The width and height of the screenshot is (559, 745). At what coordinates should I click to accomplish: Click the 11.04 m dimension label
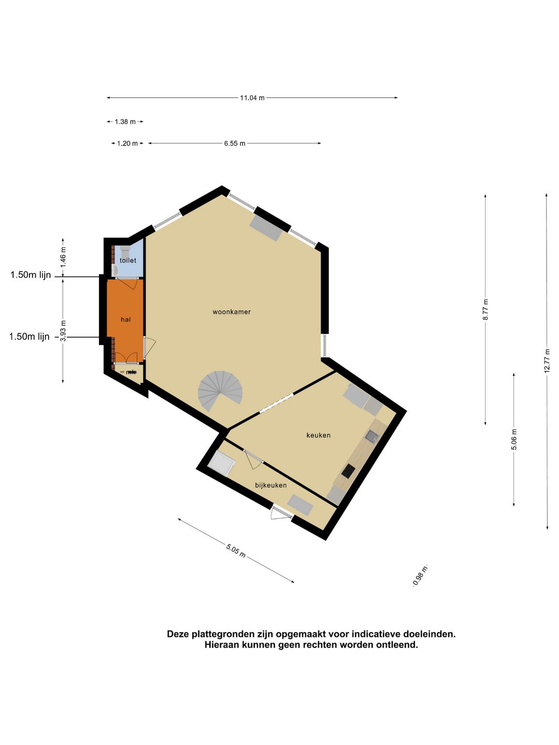click(252, 98)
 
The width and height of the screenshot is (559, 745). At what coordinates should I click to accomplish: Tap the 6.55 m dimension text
click(234, 143)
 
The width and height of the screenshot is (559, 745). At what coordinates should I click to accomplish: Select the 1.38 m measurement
click(125, 122)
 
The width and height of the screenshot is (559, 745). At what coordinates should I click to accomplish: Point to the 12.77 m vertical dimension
click(546, 361)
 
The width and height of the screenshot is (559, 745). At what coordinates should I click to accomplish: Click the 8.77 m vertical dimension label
click(486, 309)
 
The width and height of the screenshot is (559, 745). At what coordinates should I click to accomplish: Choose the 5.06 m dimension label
click(514, 440)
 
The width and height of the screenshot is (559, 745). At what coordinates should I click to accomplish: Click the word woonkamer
click(231, 312)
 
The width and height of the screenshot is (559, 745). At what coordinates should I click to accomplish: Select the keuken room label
click(318, 435)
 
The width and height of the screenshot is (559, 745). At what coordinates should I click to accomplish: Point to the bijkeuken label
click(271, 485)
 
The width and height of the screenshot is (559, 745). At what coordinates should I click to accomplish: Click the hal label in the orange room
click(126, 319)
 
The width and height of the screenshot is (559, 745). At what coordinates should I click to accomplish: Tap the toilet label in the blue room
click(128, 260)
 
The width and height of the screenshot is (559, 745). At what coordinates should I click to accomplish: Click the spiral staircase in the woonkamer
click(220, 391)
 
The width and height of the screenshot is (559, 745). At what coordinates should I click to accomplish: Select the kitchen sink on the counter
click(372, 436)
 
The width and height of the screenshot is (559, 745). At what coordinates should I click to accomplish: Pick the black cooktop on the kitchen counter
click(348, 471)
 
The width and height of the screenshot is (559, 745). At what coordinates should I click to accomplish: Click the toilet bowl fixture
click(125, 252)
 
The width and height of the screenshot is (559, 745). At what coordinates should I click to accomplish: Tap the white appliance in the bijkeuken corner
click(222, 463)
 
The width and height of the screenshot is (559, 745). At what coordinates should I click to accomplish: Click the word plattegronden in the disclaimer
click(225, 634)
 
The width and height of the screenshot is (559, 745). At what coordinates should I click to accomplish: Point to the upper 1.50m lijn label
click(31, 275)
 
